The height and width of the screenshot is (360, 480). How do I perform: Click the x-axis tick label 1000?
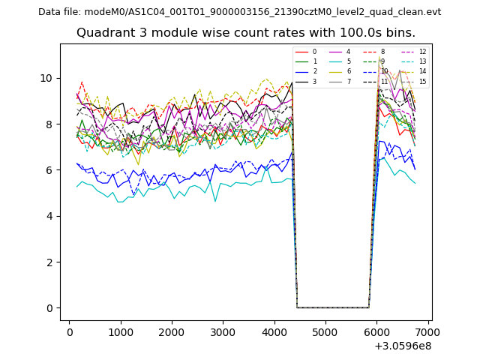click(x=121, y=331)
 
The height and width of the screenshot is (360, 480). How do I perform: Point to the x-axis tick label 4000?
click(x=274, y=331)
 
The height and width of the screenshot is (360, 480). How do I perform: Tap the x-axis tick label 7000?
click(x=427, y=331)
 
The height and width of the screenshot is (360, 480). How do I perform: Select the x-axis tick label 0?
click(x=70, y=331)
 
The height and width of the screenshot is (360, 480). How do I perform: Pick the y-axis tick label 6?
click(x=49, y=170)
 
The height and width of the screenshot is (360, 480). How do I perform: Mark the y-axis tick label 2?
click(x=49, y=262)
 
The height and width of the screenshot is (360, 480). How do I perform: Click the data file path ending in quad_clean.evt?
click(x=239, y=12)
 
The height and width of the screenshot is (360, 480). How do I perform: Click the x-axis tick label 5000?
click(x=325, y=331)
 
